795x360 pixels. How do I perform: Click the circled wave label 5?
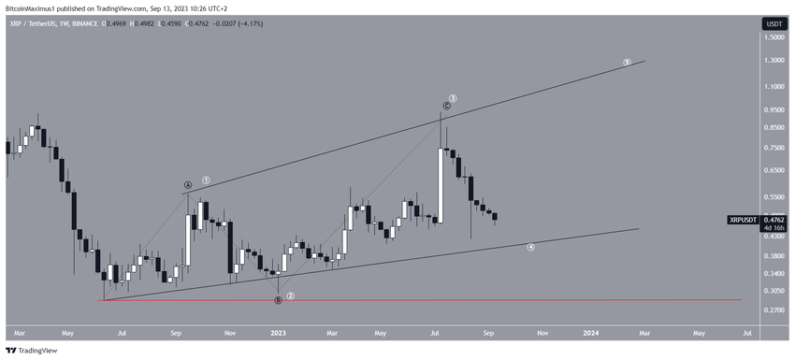627,63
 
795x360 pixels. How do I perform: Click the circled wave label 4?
530,248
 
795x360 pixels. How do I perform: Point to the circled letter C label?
447,107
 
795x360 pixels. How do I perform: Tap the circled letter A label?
188,185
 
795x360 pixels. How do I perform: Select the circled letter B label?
278,300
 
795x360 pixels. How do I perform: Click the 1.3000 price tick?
773,61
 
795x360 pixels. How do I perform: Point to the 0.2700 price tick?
773,310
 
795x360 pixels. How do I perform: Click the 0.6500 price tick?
773,171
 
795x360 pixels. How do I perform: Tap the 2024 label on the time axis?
591,332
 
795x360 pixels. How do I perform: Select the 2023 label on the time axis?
278,332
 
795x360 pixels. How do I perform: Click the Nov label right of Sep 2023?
542,332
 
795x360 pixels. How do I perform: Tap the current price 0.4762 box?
774,220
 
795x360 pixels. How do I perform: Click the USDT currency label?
774,23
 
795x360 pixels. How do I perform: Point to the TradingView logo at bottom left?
32,351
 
